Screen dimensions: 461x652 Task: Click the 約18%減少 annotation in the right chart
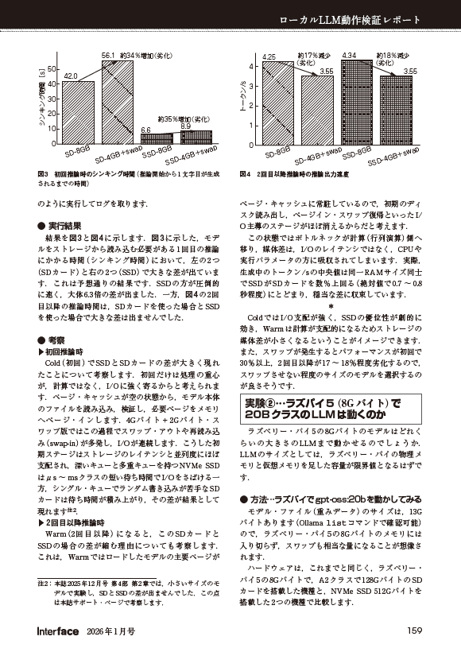pyautogui.click(x=392, y=56)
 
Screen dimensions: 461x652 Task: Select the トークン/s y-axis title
pyautogui.click(x=237, y=99)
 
